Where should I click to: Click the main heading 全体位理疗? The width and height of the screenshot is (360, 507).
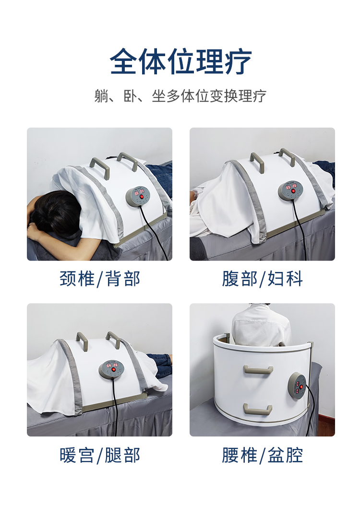[x=180, y=61]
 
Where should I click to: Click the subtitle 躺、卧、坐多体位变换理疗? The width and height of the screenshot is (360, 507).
[x=180, y=96]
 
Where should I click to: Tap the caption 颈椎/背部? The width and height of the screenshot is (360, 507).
[x=100, y=279]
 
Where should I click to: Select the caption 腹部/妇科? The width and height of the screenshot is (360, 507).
[x=262, y=279]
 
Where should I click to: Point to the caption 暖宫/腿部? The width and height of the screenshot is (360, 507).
[x=100, y=455]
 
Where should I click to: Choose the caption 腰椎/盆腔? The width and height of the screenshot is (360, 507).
[x=262, y=455]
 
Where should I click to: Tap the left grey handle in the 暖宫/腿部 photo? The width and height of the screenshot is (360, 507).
[x=84, y=339]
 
